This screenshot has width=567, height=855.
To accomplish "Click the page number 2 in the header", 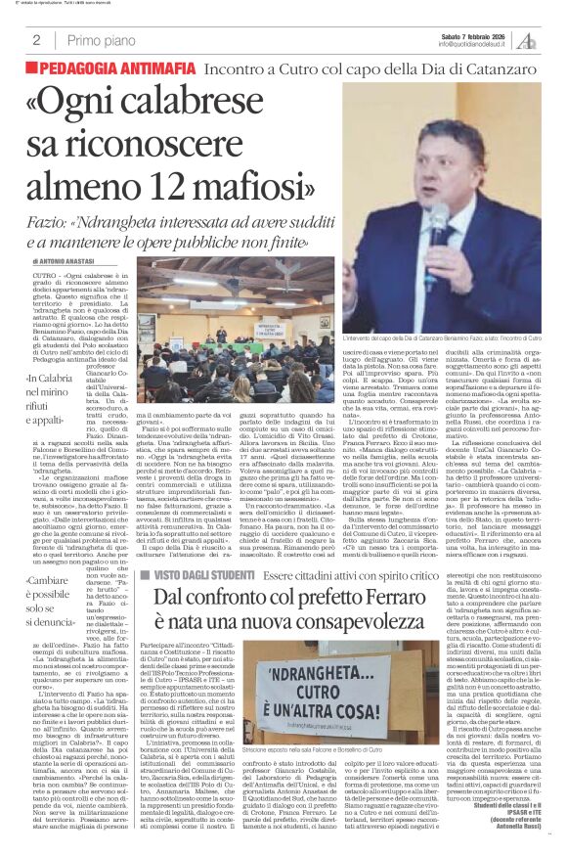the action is (x=35, y=40).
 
